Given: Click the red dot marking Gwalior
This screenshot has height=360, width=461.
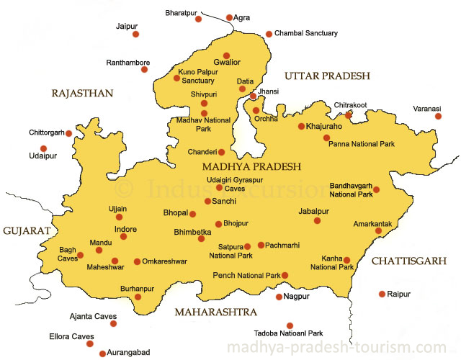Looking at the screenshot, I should pyautogui.click(x=226, y=55).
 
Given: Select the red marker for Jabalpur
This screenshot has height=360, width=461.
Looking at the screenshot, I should pyautogui.click(x=317, y=220).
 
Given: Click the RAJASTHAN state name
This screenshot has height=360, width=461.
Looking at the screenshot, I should pyautogui.click(x=82, y=93).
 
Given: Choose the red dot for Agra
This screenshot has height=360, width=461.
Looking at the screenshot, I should pyautogui.click(x=230, y=18).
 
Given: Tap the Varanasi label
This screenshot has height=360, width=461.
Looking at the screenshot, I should pyautogui.click(x=427, y=108).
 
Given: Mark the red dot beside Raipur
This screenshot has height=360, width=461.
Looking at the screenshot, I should pyautogui.click(x=382, y=294).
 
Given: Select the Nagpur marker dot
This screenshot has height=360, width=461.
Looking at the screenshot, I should pyautogui.click(x=279, y=297).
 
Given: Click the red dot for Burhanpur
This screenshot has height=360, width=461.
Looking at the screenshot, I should pyautogui.click(x=138, y=297).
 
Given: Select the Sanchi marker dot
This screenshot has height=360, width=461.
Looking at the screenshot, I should pyautogui.click(x=207, y=202).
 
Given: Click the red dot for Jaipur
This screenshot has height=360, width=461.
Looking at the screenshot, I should pyautogui.click(x=135, y=34).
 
